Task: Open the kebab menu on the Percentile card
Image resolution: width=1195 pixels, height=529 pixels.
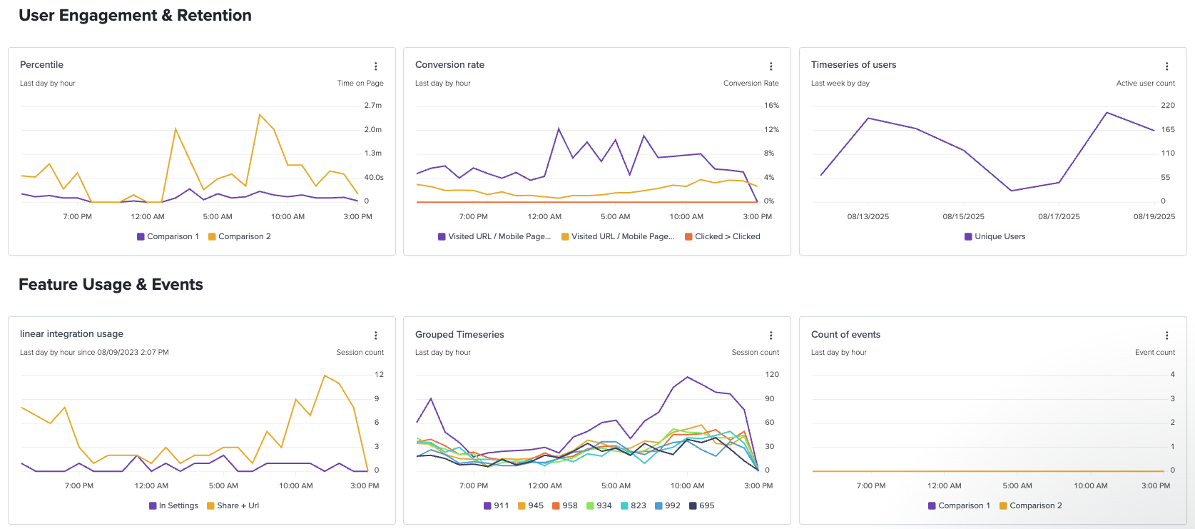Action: [375, 66]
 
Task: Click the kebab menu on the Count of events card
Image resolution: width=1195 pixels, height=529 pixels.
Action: [1166, 336]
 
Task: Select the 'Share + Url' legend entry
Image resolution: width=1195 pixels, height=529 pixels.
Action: [233, 505]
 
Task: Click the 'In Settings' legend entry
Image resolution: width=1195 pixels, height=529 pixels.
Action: [173, 505]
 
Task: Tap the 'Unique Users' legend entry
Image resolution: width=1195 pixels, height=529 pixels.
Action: [995, 236]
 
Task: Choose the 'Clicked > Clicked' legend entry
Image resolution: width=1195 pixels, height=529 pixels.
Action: [722, 236]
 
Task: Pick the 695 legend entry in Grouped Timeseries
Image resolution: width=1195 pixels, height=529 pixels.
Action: [701, 505]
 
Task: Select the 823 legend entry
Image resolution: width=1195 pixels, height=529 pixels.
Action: [634, 505]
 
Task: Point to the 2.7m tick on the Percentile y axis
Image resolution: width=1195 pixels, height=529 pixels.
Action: [373, 105]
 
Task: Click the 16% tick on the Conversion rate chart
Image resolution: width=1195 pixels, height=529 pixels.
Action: [771, 105]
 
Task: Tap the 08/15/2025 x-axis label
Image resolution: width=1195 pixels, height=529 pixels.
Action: [963, 217]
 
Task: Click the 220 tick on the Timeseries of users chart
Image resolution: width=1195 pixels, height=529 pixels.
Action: [1168, 105]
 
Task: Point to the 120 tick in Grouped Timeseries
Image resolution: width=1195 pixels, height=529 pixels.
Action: [772, 374]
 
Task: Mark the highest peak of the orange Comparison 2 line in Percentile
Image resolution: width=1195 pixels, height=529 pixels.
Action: [259, 114]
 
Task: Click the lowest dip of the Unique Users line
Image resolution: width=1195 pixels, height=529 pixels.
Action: [1011, 191]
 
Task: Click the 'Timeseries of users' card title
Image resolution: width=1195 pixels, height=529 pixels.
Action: [853, 64]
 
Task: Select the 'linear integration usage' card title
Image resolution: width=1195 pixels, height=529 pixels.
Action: [71, 333]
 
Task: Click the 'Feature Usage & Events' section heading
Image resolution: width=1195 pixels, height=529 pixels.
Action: [111, 284]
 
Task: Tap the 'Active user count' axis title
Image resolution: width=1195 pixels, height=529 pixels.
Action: [1146, 84]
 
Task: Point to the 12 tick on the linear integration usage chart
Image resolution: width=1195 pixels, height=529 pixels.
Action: [379, 374]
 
